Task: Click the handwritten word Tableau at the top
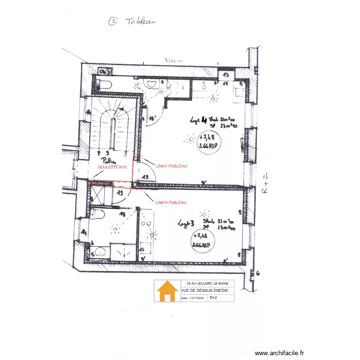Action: (x=140, y=21)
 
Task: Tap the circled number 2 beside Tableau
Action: (x=113, y=21)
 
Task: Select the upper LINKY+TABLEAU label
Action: (x=171, y=166)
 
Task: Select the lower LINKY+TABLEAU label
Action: (x=171, y=203)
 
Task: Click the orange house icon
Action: (x=167, y=291)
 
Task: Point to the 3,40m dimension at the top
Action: (x=174, y=61)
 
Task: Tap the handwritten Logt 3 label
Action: (x=186, y=223)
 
